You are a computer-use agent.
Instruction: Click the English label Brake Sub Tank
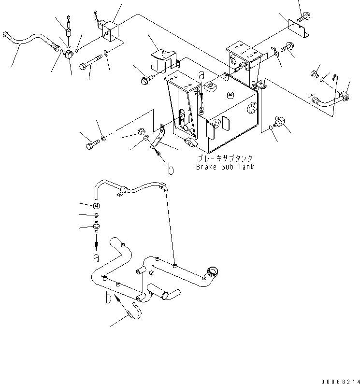225,167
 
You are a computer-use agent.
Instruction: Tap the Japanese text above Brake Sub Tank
225,158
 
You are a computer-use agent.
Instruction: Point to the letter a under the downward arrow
96,257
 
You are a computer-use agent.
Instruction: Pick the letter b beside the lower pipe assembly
109,299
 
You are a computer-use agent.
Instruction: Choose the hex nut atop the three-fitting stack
96,206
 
